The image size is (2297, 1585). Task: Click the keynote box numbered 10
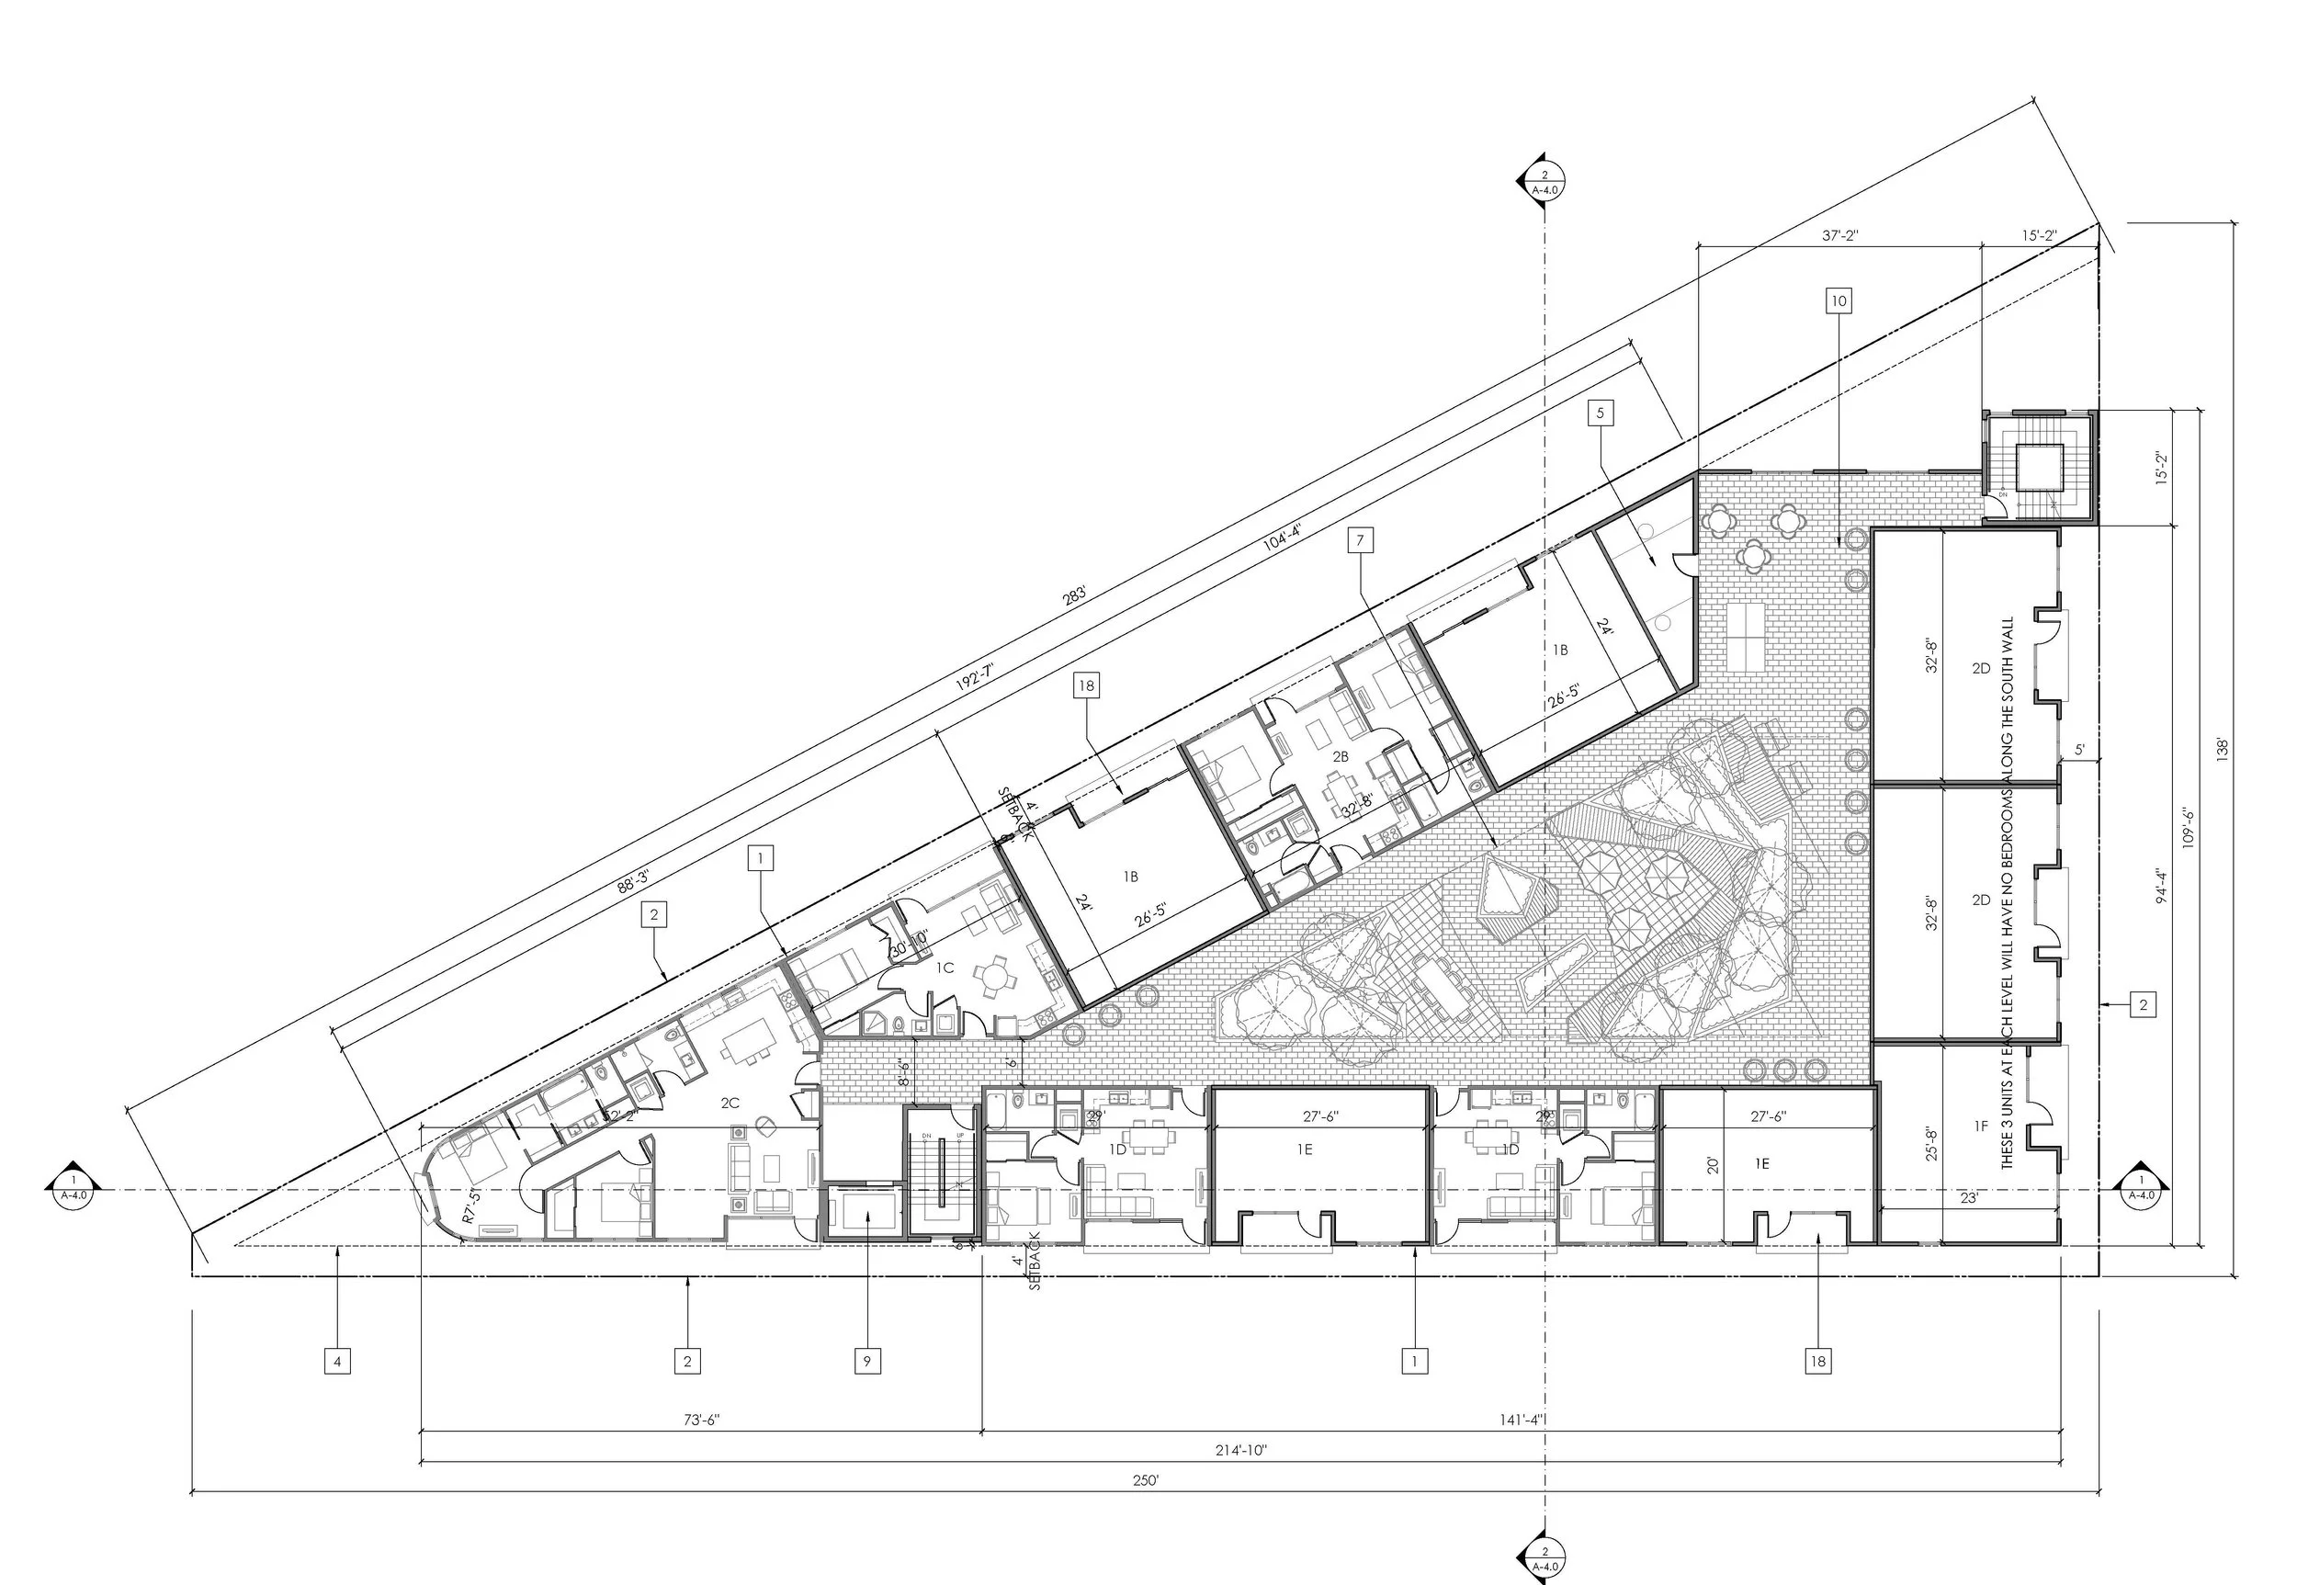point(1839,300)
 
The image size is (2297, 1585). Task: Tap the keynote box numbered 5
point(1600,413)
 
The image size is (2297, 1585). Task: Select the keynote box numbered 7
point(1360,540)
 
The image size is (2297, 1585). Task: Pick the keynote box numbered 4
point(336,1361)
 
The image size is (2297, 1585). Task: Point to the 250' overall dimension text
point(1146,1479)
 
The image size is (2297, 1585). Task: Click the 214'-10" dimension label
point(1240,1450)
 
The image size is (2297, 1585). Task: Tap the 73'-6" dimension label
point(701,1421)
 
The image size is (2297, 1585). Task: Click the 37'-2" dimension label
point(1839,236)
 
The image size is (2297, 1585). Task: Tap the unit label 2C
point(730,1103)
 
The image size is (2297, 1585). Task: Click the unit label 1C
point(945,968)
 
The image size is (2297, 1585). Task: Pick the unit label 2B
point(1340,757)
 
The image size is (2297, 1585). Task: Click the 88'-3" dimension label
point(632,881)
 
